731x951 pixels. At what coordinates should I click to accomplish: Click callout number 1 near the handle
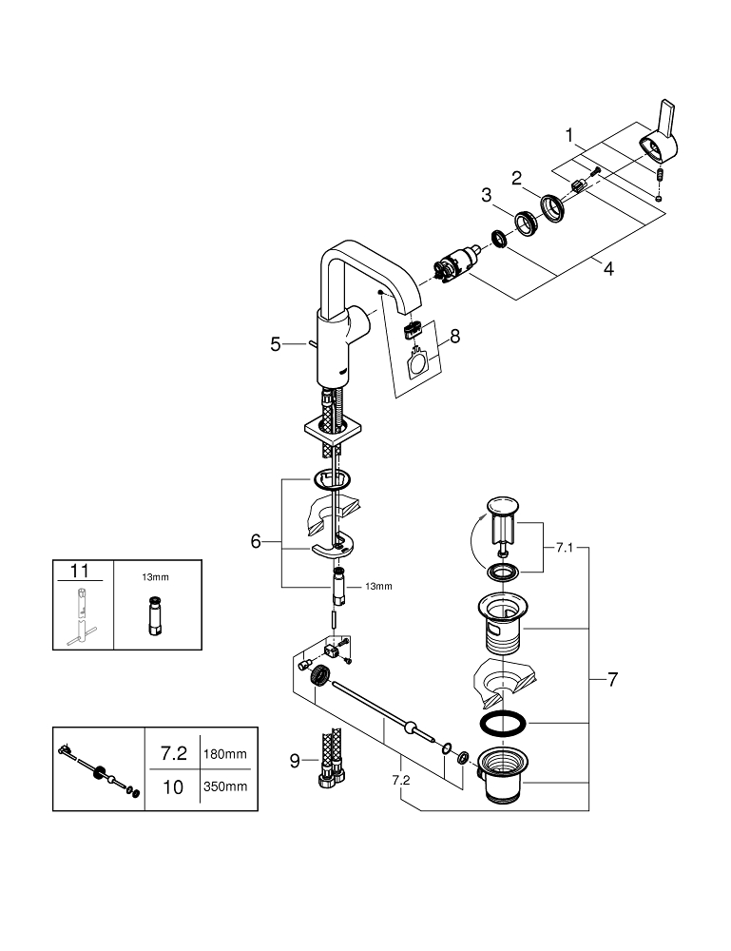(x=570, y=136)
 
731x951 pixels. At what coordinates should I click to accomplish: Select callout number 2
(x=517, y=177)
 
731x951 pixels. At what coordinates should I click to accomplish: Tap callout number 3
(x=487, y=195)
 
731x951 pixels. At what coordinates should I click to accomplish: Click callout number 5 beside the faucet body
(x=276, y=344)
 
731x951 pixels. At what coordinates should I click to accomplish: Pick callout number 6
(x=255, y=541)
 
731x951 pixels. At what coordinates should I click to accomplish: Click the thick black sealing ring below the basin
(x=499, y=723)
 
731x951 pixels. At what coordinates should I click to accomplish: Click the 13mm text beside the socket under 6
(x=377, y=587)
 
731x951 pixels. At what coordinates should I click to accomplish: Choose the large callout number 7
(x=613, y=680)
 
